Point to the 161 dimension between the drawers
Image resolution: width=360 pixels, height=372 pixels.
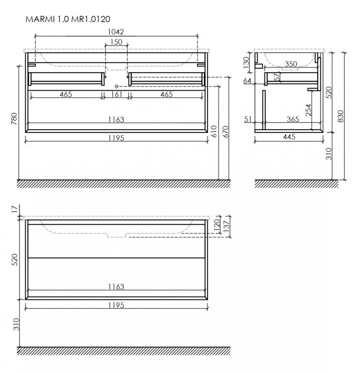(x=116, y=95)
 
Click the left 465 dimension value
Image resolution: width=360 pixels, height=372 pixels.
(x=66, y=95)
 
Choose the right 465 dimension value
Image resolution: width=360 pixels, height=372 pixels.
(x=166, y=95)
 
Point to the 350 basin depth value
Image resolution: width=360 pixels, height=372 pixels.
(x=291, y=65)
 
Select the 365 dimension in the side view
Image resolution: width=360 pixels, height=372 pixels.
(x=292, y=120)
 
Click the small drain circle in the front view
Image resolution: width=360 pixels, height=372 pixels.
(x=117, y=86)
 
